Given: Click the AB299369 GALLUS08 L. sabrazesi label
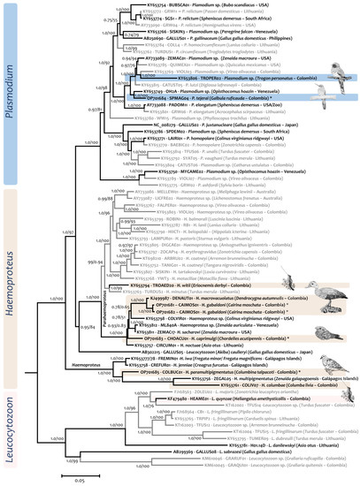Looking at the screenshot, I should click(177, 427).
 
